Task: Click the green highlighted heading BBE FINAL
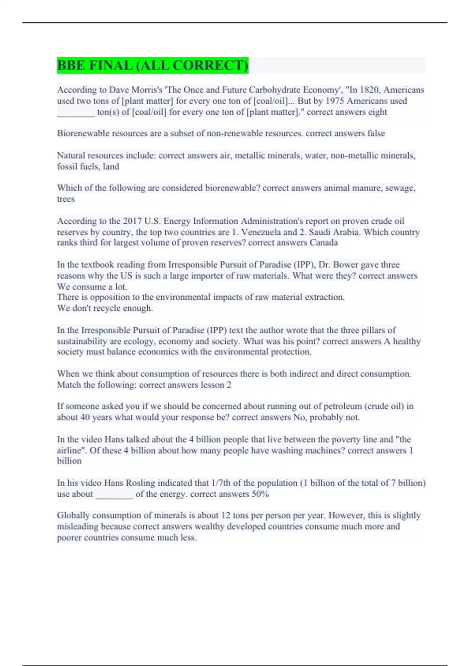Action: coord(153,65)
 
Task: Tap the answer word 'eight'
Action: coord(378,112)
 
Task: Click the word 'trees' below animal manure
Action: coord(66,199)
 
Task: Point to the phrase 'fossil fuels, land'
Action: coord(88,166)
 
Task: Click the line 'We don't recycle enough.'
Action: coord(105,308)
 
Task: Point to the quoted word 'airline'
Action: coord(71,451)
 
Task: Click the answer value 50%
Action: coord(260,494)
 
